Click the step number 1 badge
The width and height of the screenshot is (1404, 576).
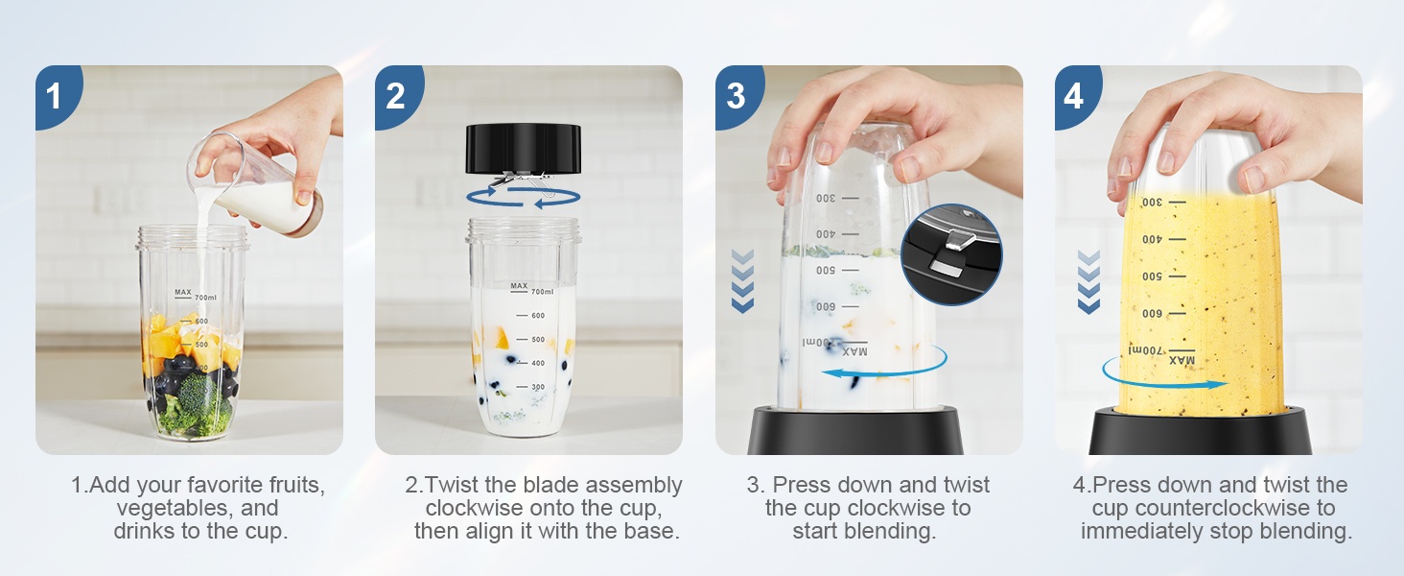point(57,95)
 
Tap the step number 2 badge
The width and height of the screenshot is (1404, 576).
point(397,95)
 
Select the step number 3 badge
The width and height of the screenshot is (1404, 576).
point(737,95)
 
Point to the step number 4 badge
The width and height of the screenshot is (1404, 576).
point(1077,95)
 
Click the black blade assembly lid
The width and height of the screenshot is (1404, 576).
point(524,148)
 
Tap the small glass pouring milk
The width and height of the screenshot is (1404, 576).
point(254,183)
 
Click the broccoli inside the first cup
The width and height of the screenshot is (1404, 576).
point(196,405)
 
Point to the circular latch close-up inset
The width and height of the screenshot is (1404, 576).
point(951,254)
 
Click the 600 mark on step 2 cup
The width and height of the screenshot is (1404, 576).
point(531,316)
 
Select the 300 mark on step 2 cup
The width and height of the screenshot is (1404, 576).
point(531,387)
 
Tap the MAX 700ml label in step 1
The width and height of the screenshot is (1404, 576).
point(196,295)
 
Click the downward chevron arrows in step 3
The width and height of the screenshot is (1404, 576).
point(742,281)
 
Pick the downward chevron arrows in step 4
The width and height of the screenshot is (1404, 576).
point(1088,281)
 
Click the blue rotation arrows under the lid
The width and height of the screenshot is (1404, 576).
point(524,196)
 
